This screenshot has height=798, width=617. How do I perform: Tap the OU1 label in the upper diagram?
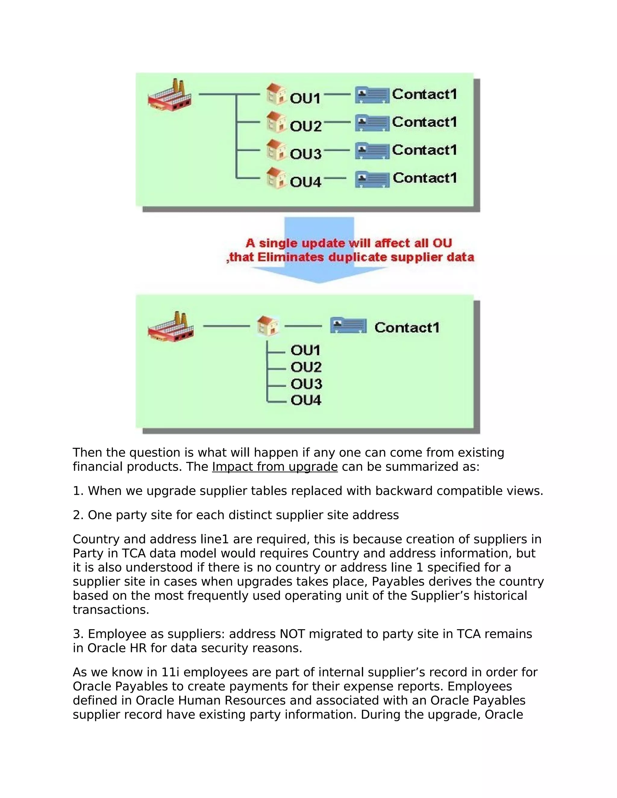click(305, 98)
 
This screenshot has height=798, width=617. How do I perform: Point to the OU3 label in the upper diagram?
click(305, 154)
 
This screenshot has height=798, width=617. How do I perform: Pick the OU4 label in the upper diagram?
click(305, 182)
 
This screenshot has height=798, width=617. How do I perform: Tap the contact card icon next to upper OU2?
click(372, 123)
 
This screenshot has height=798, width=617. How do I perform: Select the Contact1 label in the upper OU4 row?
click(425, 178)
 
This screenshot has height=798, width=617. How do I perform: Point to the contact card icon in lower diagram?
click(348, 326)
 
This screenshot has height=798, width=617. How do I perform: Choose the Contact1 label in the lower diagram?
click(407, 327)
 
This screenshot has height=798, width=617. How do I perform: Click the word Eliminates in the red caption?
click(291, 257)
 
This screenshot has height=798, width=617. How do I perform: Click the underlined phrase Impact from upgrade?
click(274, 466)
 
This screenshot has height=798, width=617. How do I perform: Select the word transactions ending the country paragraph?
click(111, 609)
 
